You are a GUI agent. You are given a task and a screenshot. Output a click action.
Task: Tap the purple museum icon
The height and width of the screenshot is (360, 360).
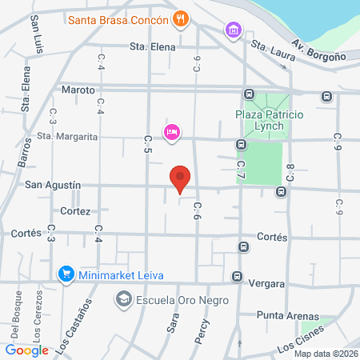[x=232, y=30]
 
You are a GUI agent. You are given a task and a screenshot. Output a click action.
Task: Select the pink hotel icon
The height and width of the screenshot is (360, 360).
[x=170, y=131]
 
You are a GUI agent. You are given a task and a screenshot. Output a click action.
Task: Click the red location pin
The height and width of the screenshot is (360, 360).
[x=181, y=179]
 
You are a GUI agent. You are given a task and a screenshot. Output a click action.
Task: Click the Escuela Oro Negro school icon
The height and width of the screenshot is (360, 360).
[x=123, y=300]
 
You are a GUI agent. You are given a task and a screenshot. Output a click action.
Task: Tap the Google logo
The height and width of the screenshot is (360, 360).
[x=26, y=350]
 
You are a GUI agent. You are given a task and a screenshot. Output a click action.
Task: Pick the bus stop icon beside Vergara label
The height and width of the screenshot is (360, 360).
[x=237, y=277]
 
